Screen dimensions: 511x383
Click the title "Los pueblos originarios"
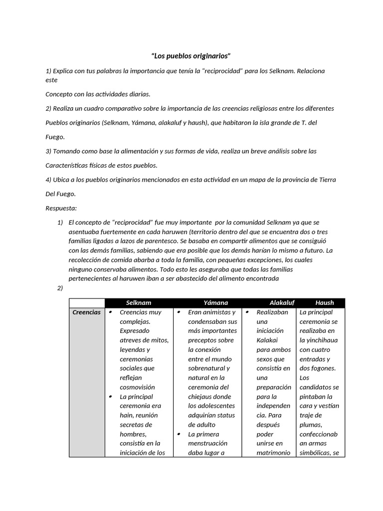coord(191,55)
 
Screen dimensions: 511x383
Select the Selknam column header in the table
coord(139,302)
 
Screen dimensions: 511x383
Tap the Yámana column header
coord(215,302)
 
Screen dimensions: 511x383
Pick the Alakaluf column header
coord(282,302)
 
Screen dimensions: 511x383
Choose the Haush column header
coord(324,302)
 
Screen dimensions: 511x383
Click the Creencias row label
coord(87,312)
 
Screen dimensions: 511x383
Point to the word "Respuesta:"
coord(61,208)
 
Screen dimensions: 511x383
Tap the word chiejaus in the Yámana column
coord(201,397)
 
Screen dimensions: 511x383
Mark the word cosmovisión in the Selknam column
coord(137,387)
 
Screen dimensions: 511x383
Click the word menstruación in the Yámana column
coord(207,443)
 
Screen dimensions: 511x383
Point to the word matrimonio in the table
coord(273,453)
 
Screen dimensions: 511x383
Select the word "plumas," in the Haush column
coord(312,425)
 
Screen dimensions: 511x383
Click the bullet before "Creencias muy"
coord(110,312)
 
